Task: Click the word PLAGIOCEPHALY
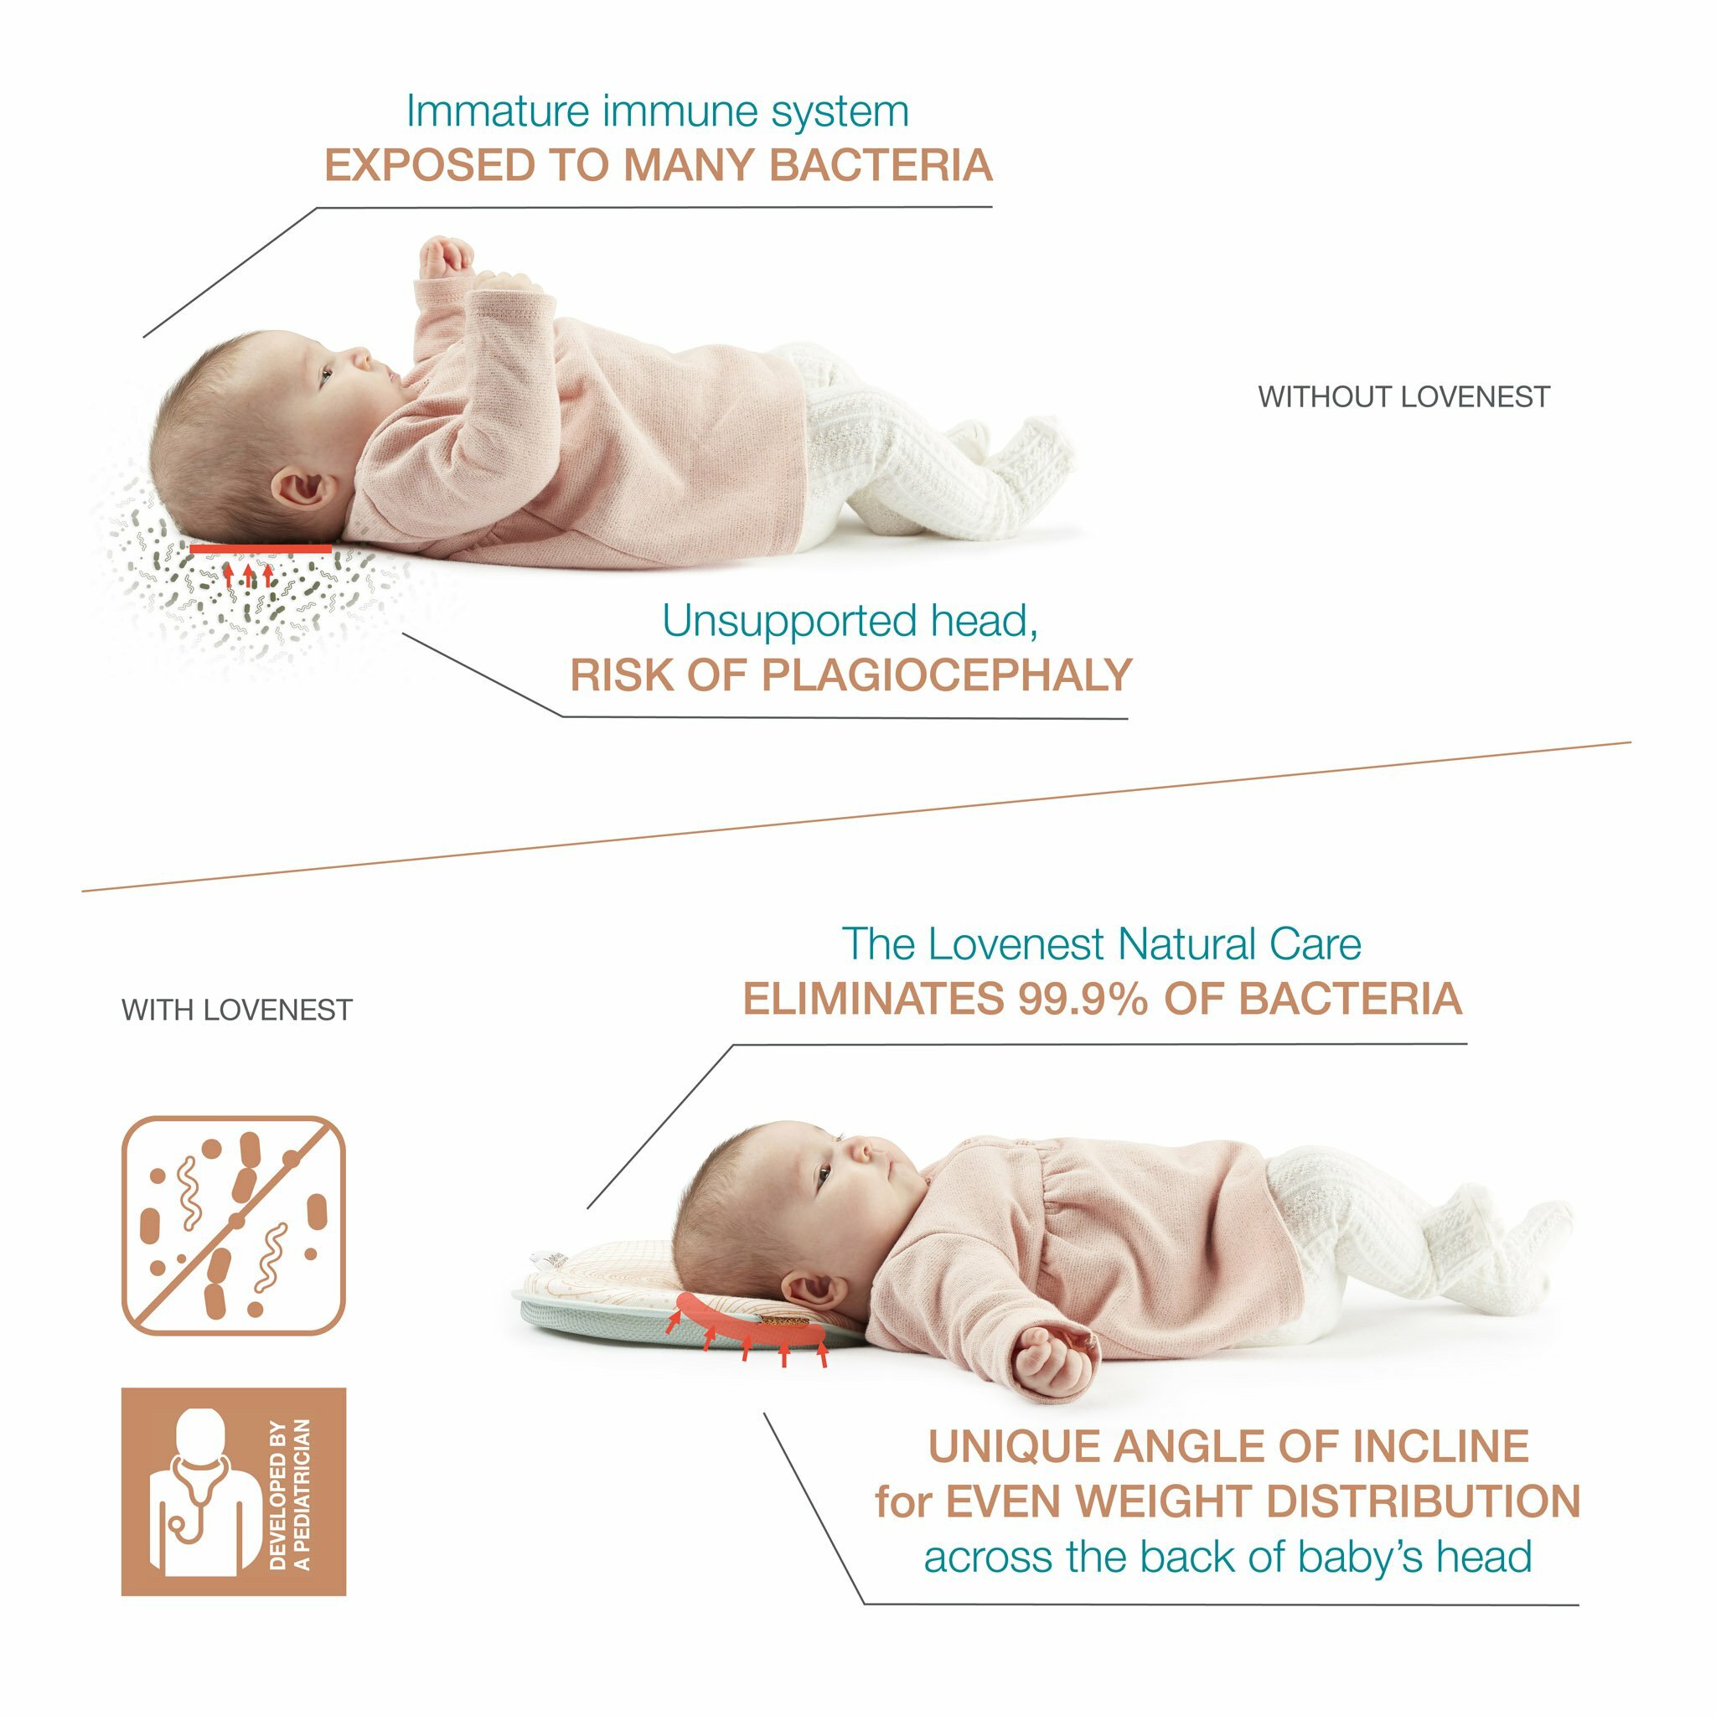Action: [946, 675]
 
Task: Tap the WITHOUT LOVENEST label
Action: [1403, 396]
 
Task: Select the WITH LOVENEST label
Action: [237, 1010]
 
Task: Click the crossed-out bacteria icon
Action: [234, 1226]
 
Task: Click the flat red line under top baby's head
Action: [261, 549]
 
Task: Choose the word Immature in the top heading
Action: [498, 112]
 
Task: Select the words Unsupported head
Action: [849, 621]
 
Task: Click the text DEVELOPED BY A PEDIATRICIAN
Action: [291, 1494]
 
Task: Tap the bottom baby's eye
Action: [823, 1177]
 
